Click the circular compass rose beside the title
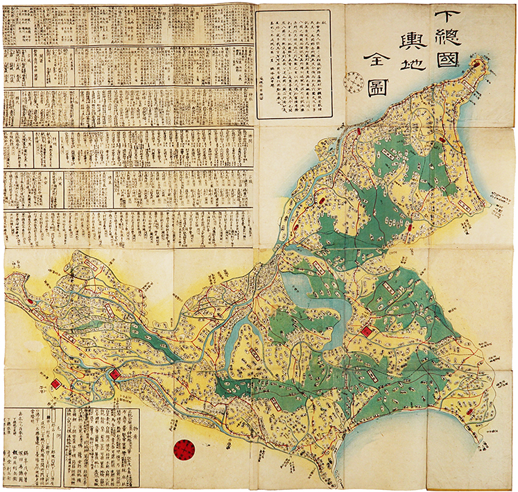(x=354, y=82)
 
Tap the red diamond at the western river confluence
(x=115, y=375)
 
